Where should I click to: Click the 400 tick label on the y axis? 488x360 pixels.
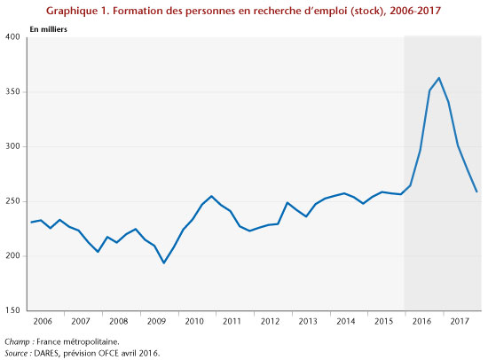tap(12, 36)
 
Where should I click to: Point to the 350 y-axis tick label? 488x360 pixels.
tap(12, 91)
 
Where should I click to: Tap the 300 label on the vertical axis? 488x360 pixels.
tap(12, 146)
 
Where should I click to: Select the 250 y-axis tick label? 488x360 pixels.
tap(12, 201)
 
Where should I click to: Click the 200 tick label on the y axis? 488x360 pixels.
tap(12, 255)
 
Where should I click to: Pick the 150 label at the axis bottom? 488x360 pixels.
tap(12, 310)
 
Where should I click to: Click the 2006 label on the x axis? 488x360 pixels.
tap(43, 321)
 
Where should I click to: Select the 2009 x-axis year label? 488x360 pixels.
tap(156, 321)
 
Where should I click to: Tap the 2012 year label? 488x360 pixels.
tap(270, 321)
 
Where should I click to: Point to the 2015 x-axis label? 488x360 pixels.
tap(383, 321)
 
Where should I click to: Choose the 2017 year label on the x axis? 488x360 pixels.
tap(460, 321)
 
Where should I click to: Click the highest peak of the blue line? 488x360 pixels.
tap(439, 78)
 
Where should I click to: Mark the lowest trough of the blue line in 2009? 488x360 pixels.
tap(164, 263)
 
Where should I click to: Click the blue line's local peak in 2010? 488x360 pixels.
tap(211, 196)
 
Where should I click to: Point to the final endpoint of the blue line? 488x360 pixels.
tap(476, 192)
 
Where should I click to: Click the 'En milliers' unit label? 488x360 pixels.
tap(48, 29)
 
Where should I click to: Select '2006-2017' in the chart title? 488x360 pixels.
tap(415, 11)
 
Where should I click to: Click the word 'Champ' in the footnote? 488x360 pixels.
tap(17, 342)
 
